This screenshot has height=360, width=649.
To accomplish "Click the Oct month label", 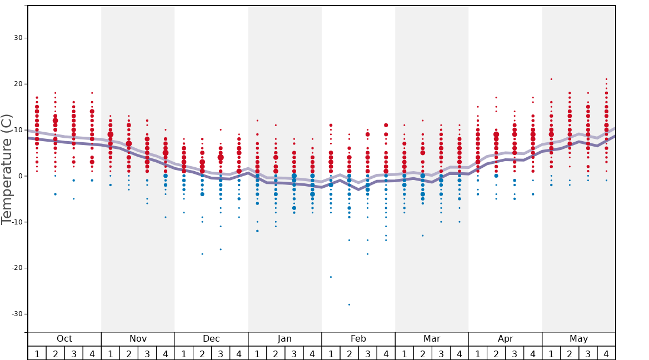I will pos(64,339).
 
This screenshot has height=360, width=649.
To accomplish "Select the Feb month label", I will pos(358,339).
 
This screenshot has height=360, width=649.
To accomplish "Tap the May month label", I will pos(578,339).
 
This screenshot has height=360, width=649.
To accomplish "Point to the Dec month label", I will pos(211,339).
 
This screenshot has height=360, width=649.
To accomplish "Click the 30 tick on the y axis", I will pos(18,38).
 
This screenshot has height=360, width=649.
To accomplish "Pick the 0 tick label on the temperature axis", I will pos(19,176).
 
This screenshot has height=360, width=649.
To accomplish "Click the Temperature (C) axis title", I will pos(7,169).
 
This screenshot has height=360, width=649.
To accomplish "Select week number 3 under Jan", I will pos(294,354).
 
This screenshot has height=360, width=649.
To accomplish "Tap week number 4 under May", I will pos(606,354).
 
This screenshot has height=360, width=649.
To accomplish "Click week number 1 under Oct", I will pos(37,354).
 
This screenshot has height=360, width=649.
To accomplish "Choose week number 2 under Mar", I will pos(422,354).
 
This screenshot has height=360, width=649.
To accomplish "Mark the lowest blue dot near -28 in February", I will pos(349,304).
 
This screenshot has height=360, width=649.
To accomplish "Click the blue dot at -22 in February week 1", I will pos(331,277).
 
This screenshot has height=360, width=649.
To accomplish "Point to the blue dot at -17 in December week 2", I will pos(202,254).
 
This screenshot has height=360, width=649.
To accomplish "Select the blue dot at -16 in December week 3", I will pos(221,249).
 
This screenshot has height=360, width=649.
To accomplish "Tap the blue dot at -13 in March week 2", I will pos(422,236).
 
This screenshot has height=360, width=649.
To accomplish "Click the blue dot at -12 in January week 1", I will pos(257,231).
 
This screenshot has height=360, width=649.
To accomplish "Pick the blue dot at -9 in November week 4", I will pos(166,217).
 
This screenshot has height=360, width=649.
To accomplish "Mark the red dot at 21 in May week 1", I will pos(551,79).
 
